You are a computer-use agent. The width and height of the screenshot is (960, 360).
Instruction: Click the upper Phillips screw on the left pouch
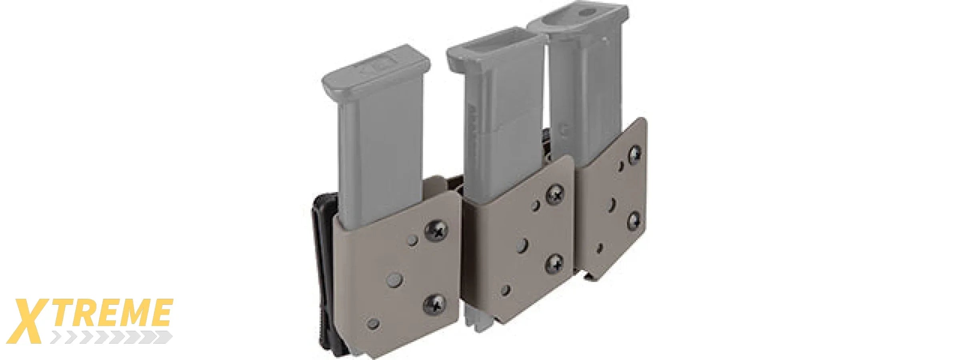436,230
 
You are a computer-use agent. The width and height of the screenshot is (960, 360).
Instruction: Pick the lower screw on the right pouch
634,220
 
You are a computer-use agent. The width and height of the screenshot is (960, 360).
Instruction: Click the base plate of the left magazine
376,70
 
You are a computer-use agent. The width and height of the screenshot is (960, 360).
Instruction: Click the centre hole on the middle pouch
522,245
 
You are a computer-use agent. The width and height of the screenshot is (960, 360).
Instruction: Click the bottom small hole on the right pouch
599,248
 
